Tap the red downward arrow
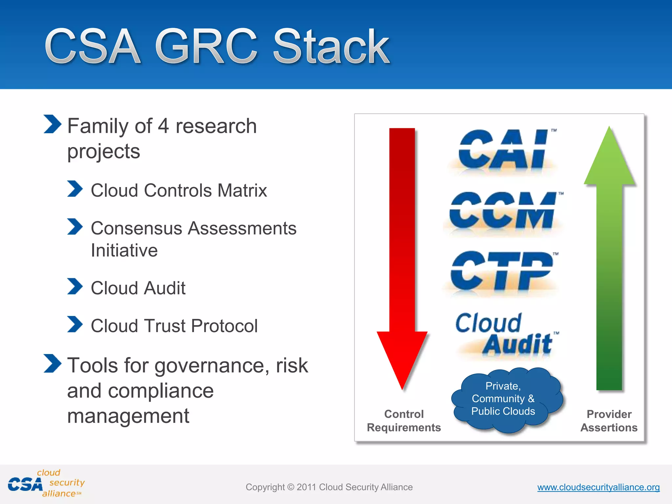tap(402, 249)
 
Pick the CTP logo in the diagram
tap(502, 272)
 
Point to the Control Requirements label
tap(404, 421)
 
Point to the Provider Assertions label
tap(609, 421)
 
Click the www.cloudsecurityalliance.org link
tap(598, 487)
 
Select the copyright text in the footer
tap(329, 487)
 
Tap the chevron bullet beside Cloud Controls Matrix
tap(75, 189)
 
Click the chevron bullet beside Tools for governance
tap(52, 364)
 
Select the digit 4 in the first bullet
tap(163, 126)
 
